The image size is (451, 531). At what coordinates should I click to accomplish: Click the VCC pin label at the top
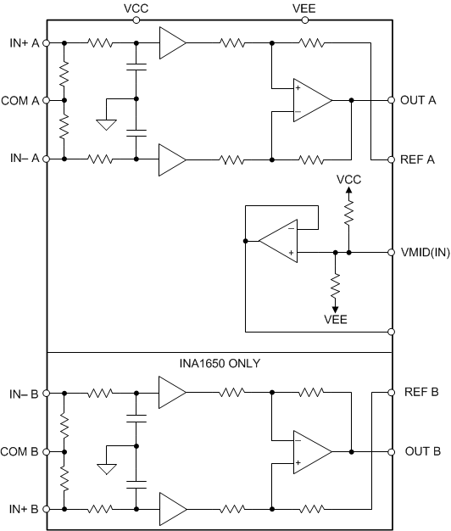[x=136, y=7]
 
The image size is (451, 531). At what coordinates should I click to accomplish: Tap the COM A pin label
[x=20, y=100]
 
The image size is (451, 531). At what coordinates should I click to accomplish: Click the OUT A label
[x=419, y=100]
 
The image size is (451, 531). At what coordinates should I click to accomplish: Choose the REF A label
[x=419, y=159]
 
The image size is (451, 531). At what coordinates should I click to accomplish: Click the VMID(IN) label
[x=421, y=252]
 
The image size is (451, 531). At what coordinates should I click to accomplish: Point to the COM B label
[x=20, y=451]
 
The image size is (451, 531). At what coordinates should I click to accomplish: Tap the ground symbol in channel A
[x=106, y=125]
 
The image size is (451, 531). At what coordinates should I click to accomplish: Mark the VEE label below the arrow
[x=335, y=321]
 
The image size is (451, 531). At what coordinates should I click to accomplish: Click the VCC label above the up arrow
[x=348, y=180]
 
